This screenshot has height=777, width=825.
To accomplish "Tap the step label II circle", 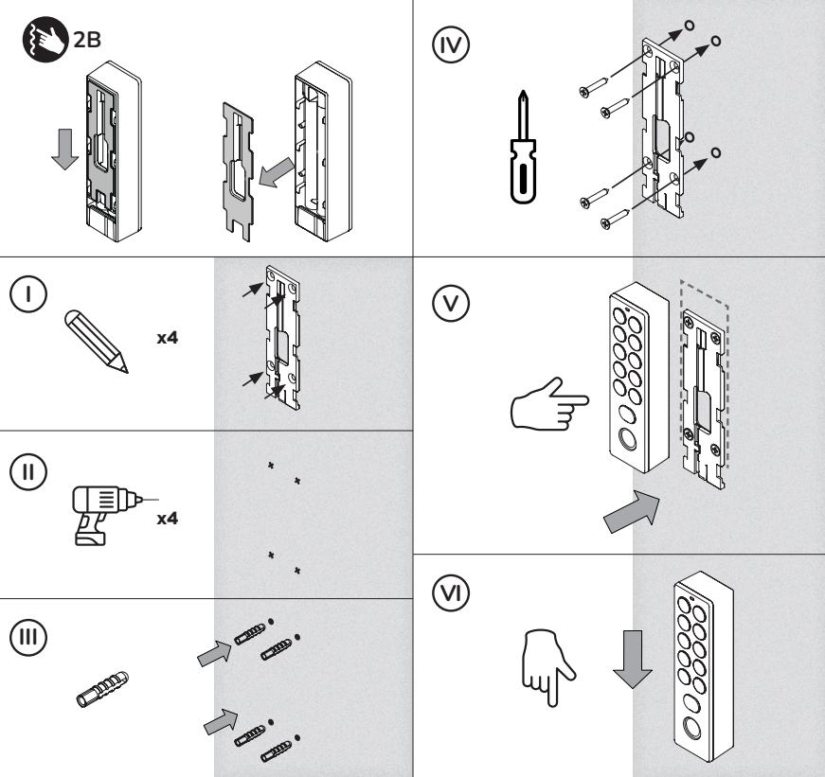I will [x=29, y=470].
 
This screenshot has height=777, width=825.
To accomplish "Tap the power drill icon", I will [x=101, y=510].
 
